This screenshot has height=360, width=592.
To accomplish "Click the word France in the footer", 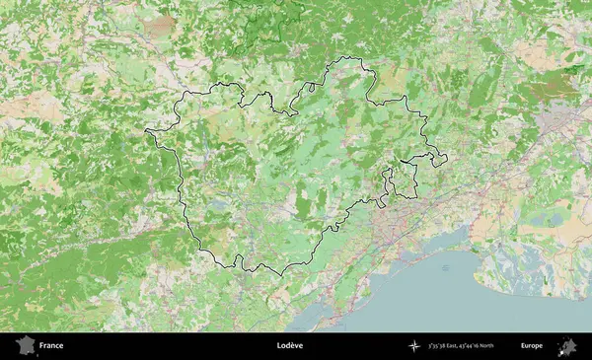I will [x=51, y=346].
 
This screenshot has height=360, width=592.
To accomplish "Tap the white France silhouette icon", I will [x=24, y=346].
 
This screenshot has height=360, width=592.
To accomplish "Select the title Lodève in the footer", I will [x=290, y=346].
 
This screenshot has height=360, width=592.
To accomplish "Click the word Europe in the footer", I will [x=532, y=346].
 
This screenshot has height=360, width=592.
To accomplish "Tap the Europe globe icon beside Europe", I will [x=567, y=346].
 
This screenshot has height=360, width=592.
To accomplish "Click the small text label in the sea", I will [x=445, y=267].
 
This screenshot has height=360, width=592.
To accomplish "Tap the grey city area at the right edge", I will [x=558, y=120].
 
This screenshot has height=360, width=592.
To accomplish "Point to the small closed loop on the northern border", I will [x=310, y=86].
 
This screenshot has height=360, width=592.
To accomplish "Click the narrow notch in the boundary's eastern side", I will [x=389, y=182].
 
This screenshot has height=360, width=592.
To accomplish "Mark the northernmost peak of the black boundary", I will [x=350, y=58].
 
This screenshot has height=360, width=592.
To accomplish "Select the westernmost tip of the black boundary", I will [x=146, y=131].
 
